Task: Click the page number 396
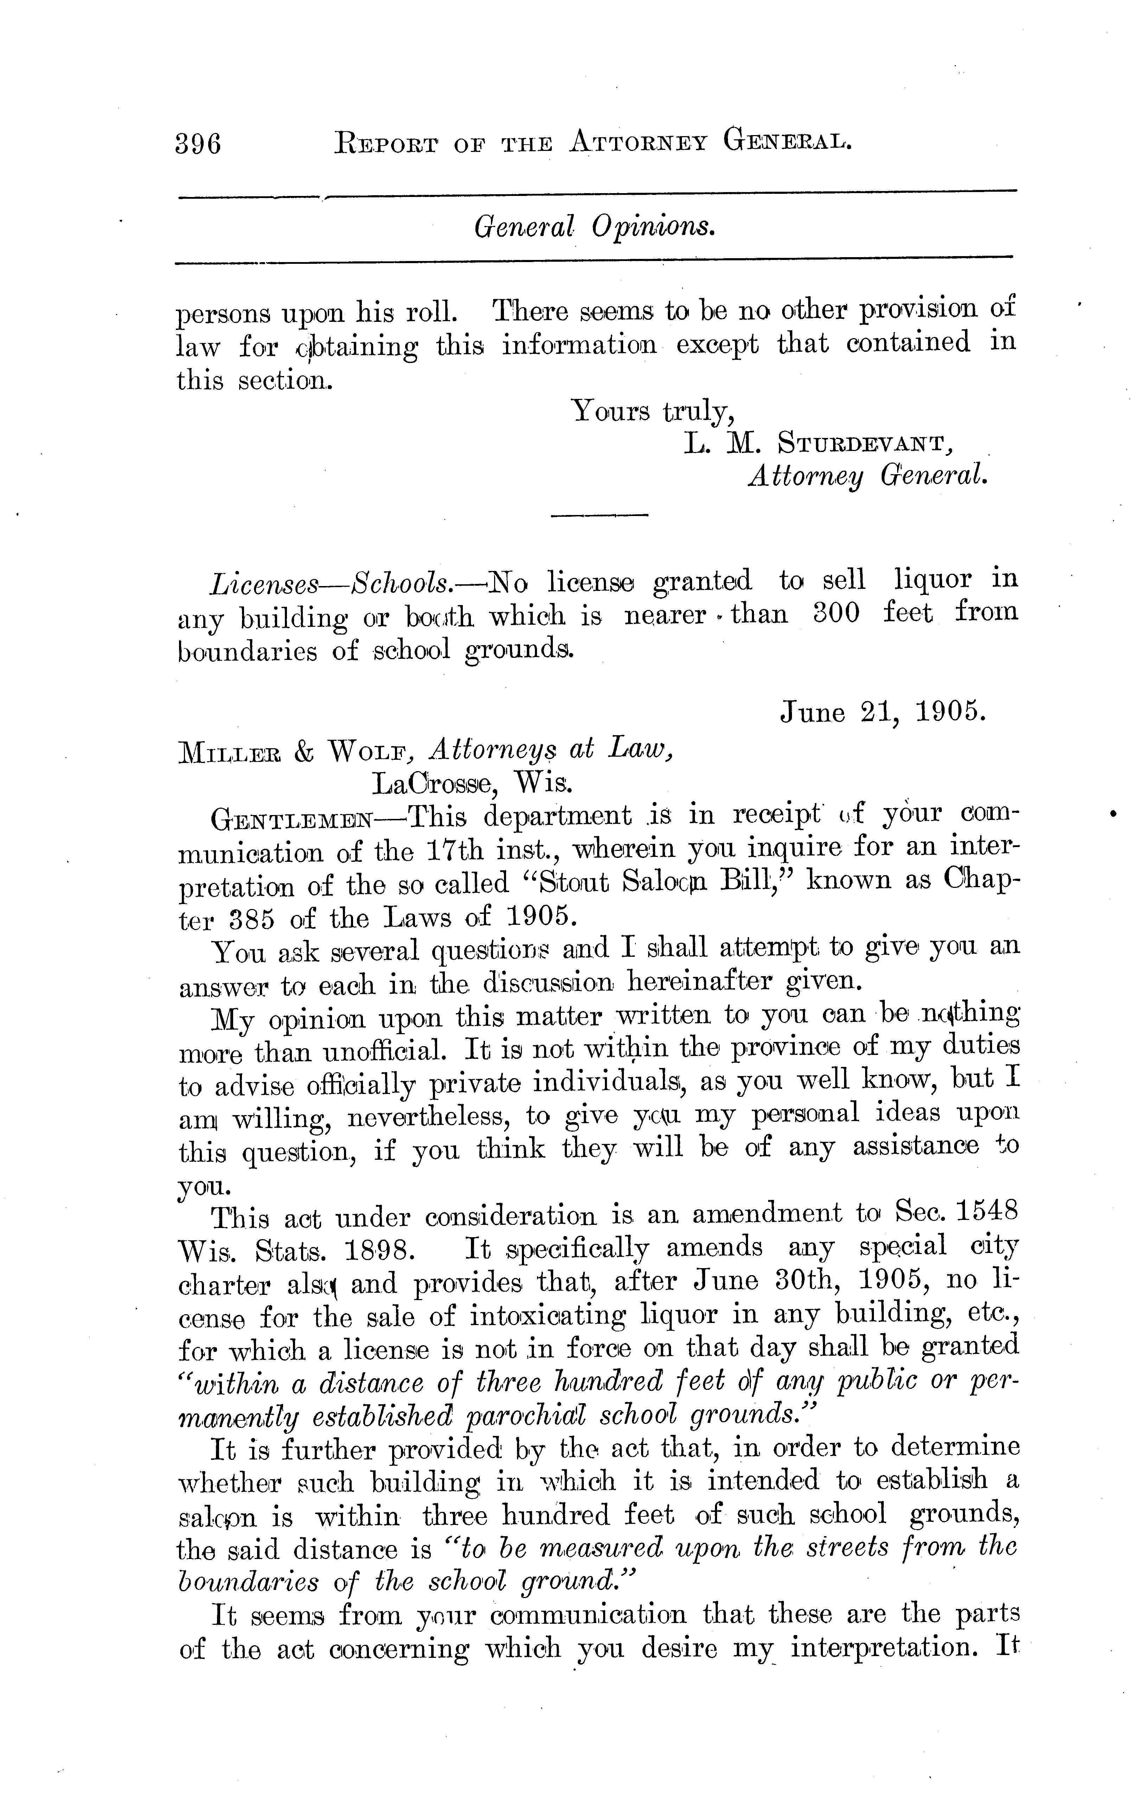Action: click(x=198, y=141)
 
